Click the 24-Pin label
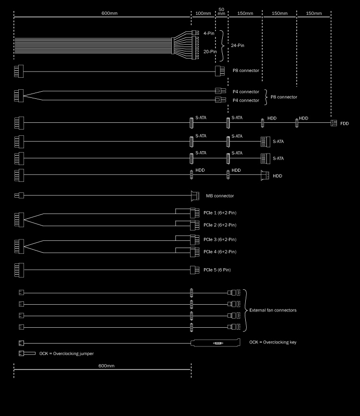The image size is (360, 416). coord(237,46)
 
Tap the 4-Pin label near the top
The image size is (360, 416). coord(209,33)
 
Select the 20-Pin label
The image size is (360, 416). coord(210,51)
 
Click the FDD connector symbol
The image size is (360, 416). coord(334,123)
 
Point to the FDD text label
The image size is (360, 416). coord(344,123)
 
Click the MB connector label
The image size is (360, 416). coord(220,196)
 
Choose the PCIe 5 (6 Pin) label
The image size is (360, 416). coord(217,270)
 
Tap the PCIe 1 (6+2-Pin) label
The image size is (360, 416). coord(220,213)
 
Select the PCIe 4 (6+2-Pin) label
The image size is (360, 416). coord(220,252)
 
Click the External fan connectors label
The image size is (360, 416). coord(273,310)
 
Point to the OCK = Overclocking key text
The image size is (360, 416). coord(273,342)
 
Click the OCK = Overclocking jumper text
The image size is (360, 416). coord(66,354)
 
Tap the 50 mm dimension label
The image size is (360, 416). coord(221,12)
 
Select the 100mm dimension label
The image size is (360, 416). coord(203,13)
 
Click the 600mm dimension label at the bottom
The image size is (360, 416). coord(106,366)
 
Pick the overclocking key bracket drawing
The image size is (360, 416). coord(216,343)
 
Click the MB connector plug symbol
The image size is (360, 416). coord(195,196)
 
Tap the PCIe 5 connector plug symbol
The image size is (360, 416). coord(194,270)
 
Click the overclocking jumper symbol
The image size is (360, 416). coord(27,354)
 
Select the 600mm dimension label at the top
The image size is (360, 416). coord(109,13)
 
